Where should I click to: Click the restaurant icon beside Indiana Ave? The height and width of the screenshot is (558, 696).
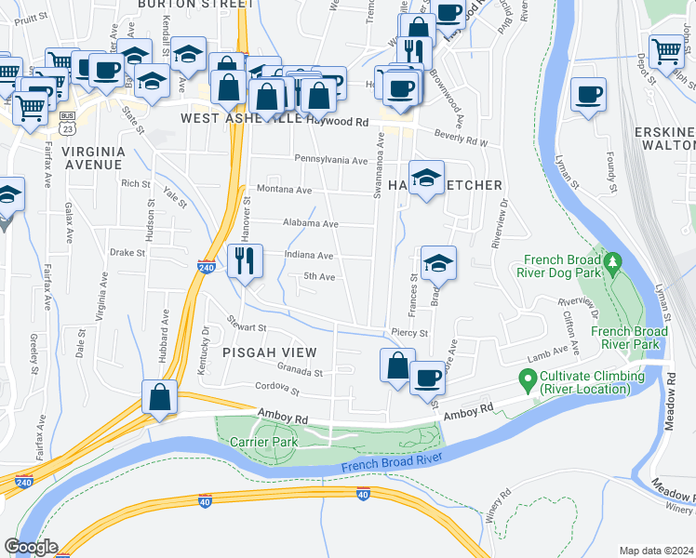coord(245,260)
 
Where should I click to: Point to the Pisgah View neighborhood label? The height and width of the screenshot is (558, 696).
coord(270,352)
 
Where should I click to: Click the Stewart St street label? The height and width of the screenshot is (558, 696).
coord(248,327)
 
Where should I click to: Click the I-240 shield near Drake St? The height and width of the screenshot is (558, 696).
coord(207,267)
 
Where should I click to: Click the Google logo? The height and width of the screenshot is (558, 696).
coord(31,547)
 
